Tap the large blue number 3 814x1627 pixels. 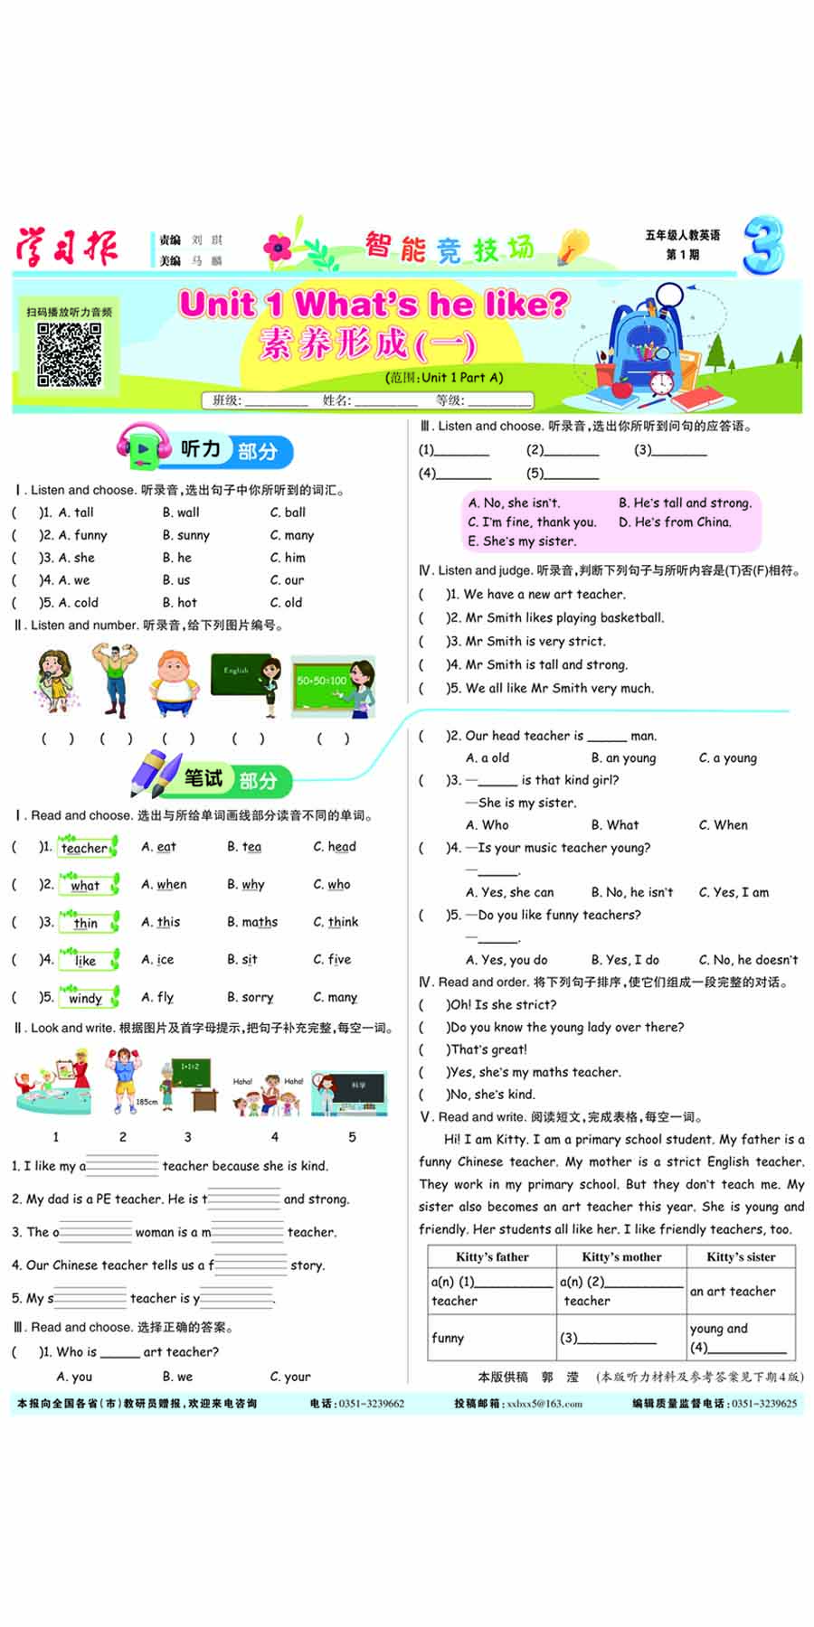coord(762,245)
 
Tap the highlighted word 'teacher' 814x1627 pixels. coord(85,848)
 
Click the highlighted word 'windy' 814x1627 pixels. coord(85,998)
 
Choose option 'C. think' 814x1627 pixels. coord(336,922)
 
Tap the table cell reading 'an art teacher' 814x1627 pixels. coord(733,1291)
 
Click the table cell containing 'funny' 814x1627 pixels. coord(448,1338)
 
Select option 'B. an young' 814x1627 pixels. coord(623,757)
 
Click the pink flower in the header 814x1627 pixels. coord(278,247)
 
